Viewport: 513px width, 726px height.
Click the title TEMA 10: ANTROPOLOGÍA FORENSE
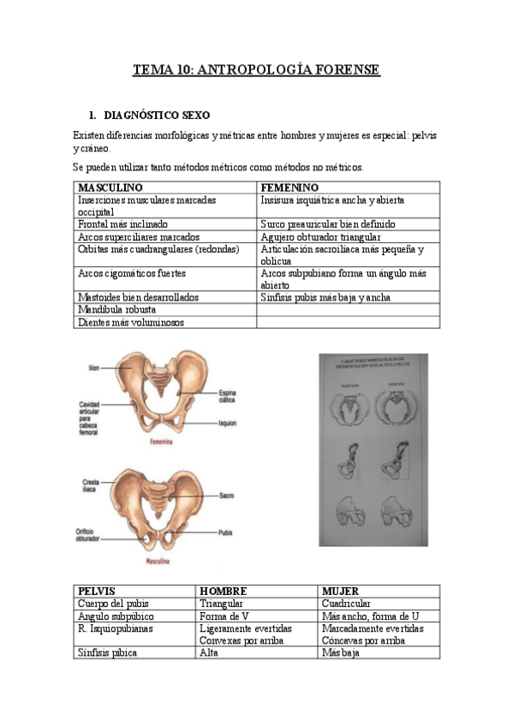click(x=256, y=70)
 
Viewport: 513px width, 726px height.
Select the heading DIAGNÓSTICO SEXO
click(x=156, y=115)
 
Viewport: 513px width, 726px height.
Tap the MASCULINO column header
click(x=110, y=187)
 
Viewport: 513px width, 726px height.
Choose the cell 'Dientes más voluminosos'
click(x=130, y=322)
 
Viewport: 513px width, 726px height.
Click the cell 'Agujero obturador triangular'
click(x=320, y=236)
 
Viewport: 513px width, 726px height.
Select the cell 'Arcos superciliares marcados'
click(x=138, y=236)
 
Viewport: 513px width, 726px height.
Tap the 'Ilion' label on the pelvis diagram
click(x=94, y=367)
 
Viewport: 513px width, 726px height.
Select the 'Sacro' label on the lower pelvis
click(x=226, y=496)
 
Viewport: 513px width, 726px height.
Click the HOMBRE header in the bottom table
click(x=223, y=592)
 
